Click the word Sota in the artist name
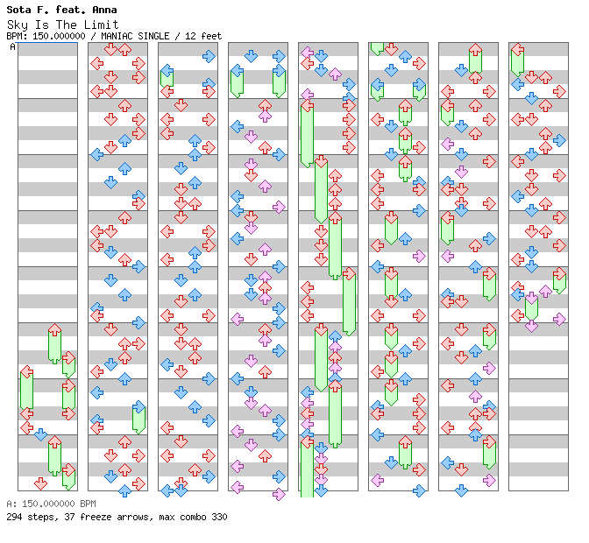click(18, 10)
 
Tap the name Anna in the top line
click(105, 10)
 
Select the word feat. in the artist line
click(71, 10)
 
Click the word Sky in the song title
click(18, 25)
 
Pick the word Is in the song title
click(42, 25)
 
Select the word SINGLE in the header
click(153, 36)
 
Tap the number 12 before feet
click(190, 36)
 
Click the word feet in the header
click(211, 36)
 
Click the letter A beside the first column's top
click(13, 47)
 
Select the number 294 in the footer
click(14, 517)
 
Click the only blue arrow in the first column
click(40, 434)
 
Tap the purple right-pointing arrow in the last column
click(559, 319)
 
